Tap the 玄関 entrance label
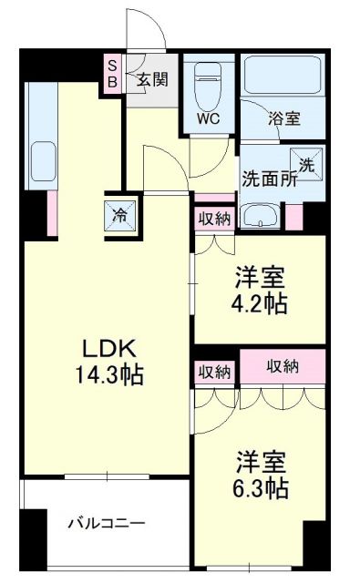(x=152, y=80)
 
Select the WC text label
(x=208, y=118)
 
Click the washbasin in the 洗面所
(x=266, y=217)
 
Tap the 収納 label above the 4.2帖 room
(x=214, y=220)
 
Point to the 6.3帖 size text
(x=261, y=489)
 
